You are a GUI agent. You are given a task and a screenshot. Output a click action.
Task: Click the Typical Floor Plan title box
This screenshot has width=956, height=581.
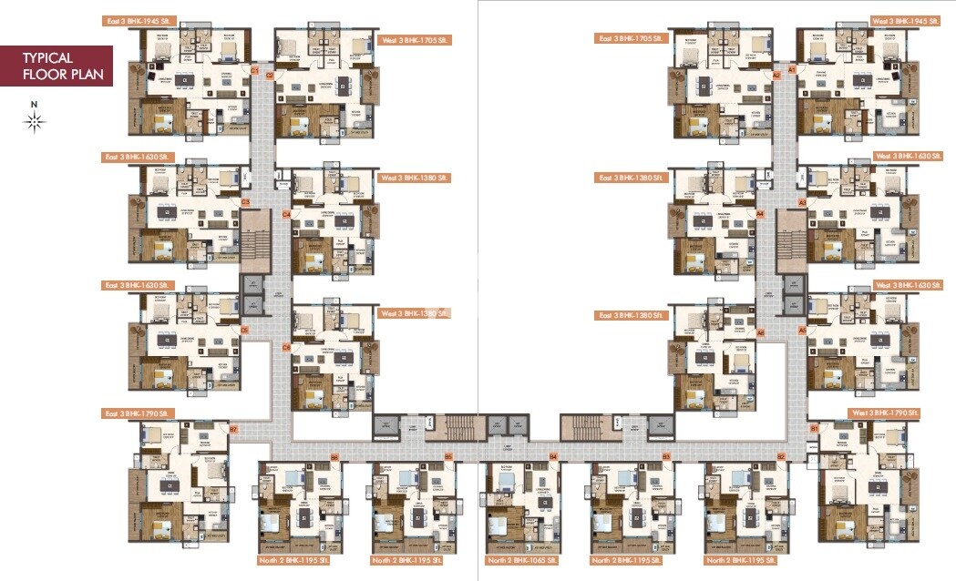pos(57,65)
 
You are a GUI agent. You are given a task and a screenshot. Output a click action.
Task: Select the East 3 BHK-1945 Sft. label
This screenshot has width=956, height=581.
pos(138,19)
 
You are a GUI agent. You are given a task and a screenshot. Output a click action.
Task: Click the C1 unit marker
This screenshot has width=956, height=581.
pos(255,70)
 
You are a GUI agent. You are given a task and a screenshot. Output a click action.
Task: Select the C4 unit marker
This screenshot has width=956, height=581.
pos(286,214)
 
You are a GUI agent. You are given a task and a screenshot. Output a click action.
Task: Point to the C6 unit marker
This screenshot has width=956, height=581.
pos(286,347)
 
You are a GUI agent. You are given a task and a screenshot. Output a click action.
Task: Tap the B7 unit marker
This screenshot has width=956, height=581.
pos(233,428)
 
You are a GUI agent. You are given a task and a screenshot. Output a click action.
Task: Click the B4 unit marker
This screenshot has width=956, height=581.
pos(552,455)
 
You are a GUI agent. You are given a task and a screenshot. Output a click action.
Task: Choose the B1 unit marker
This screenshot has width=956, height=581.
pos(813,427)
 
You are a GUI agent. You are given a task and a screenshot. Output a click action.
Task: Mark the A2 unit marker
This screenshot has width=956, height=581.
pos(777,76)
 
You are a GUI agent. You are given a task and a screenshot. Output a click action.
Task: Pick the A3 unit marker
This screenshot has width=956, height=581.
pos(803,201)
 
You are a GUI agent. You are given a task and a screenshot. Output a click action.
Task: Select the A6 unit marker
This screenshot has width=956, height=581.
pos(760,333)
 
